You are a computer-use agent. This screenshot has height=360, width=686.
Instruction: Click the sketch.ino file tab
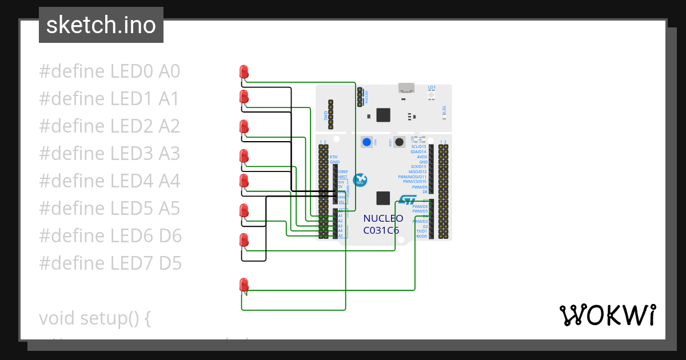[x=101, y=25]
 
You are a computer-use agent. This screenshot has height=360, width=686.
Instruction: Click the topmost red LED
[x=244, y=71]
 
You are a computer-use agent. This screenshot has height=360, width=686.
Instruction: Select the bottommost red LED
[x=244, y=285]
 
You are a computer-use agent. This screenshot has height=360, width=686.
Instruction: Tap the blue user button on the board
[x=366, y=142]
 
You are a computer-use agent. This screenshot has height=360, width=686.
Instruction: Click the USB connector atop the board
[x=406, y=87]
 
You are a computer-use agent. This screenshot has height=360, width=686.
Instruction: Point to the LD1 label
[x=432, y=87]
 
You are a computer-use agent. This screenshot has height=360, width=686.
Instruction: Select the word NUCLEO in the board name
[x=383, y=218]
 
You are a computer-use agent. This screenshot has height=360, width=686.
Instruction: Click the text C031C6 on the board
[x=381, y=230]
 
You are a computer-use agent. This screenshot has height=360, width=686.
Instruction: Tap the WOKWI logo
[x=607, y=315]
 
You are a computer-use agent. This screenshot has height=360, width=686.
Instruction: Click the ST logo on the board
[x=408, y=199]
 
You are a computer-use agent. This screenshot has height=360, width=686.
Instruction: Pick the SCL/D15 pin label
[x=418, y=147]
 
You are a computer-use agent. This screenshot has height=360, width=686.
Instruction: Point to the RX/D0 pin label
[x=421, y=236]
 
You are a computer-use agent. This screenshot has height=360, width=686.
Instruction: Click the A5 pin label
[x=340, y=235]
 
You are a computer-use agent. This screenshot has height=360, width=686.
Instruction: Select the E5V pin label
[x=334, y=157]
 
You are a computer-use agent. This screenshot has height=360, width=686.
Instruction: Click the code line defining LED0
[x=109, y=71]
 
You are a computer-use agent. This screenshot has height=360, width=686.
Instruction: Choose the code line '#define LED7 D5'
[x=110, y=263]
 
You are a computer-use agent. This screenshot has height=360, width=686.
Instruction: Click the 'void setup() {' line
[x=94, y=318]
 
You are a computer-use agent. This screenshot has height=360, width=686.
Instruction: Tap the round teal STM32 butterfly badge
[x=360, y=180]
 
